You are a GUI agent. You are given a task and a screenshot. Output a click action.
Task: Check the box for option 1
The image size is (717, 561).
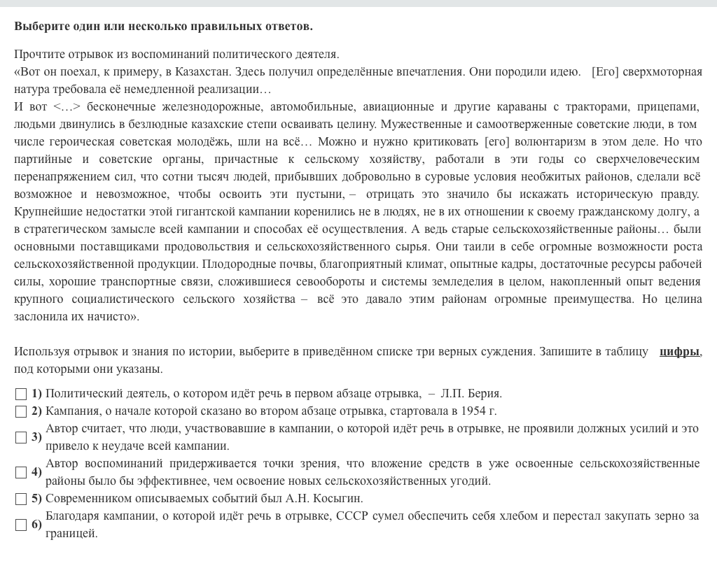point(21,394)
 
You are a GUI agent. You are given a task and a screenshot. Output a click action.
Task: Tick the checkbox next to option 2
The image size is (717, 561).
point(21,411)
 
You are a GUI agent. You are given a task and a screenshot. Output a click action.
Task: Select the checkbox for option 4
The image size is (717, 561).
point(21,472)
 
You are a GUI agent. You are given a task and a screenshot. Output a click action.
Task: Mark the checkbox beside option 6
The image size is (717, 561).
point(21,525)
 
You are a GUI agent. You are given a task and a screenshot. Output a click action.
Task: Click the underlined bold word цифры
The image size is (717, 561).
point(678,351)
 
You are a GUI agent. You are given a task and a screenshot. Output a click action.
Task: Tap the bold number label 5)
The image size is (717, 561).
point(36,498)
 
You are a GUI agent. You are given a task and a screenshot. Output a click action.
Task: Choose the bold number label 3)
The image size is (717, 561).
point(36,437)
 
